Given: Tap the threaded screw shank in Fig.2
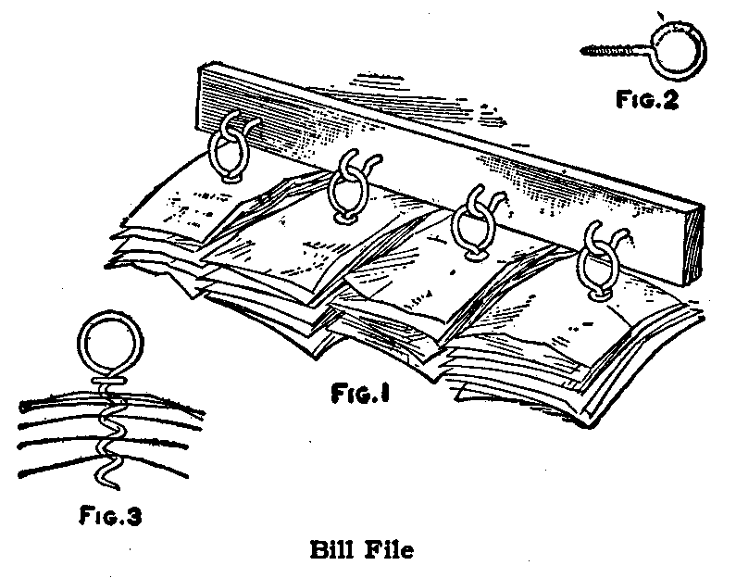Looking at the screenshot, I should (x=607, y=51).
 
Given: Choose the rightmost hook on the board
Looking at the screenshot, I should (x=598, y=263).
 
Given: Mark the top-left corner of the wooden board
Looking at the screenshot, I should (x=202, y=67).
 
